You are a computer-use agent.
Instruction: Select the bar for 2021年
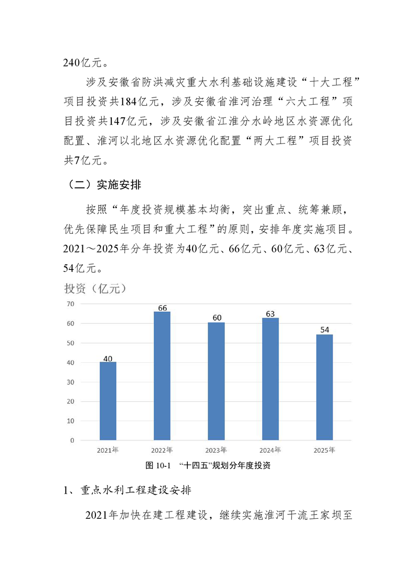[108, 401]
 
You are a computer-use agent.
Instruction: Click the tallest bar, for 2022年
[162, 376]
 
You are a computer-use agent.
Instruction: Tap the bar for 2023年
[216, 381]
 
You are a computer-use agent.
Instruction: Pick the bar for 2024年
[270, 378]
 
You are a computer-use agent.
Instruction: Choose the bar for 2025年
[324, 387]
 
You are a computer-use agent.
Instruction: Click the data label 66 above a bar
[162, 308]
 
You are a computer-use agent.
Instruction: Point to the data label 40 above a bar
[108, 358]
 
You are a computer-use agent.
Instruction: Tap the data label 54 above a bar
[324, 330]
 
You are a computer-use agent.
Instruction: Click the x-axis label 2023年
[216, 450]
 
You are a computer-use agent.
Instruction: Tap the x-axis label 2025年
[324, 450]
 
